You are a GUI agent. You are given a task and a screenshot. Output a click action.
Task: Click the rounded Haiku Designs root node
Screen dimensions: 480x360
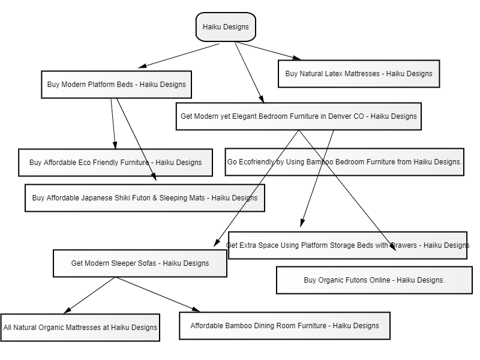(226, 27)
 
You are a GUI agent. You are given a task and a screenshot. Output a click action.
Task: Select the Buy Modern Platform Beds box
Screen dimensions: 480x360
(116, 85)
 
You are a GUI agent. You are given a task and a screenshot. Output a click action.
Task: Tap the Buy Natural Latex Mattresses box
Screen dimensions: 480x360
(359, 74)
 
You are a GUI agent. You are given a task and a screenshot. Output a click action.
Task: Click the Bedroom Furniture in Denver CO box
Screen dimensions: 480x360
(298, 116)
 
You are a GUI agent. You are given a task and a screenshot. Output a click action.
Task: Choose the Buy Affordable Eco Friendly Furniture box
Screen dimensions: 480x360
(115, 163)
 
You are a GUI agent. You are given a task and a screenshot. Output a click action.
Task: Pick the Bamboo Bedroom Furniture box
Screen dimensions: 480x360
(344, 162)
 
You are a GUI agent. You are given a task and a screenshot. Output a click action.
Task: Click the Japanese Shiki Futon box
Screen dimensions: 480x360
(145, 198)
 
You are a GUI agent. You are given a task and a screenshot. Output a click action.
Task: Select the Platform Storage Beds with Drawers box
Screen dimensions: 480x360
(347, 245)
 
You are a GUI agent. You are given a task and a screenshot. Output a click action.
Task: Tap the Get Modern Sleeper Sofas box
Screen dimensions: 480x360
(140, 263)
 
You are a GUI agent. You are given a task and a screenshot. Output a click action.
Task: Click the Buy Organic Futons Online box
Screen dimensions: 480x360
(374, 280)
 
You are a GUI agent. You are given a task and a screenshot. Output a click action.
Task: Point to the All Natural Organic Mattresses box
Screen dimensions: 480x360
(80, 328)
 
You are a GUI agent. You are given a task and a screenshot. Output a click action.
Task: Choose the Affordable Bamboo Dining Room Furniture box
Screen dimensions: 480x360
(284, 326)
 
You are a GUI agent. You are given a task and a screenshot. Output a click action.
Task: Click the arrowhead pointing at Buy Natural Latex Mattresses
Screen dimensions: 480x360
(297, 58)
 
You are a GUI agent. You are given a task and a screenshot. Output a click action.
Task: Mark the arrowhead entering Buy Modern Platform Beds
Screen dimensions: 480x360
(142, 66)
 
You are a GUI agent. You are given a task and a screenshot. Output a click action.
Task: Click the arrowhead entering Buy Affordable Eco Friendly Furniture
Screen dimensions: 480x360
(115, 145)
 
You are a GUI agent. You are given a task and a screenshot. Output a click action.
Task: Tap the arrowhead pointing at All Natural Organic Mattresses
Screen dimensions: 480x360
(67, 310)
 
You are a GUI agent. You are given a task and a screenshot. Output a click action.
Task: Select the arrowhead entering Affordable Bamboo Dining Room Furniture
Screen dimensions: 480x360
(196, 310)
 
